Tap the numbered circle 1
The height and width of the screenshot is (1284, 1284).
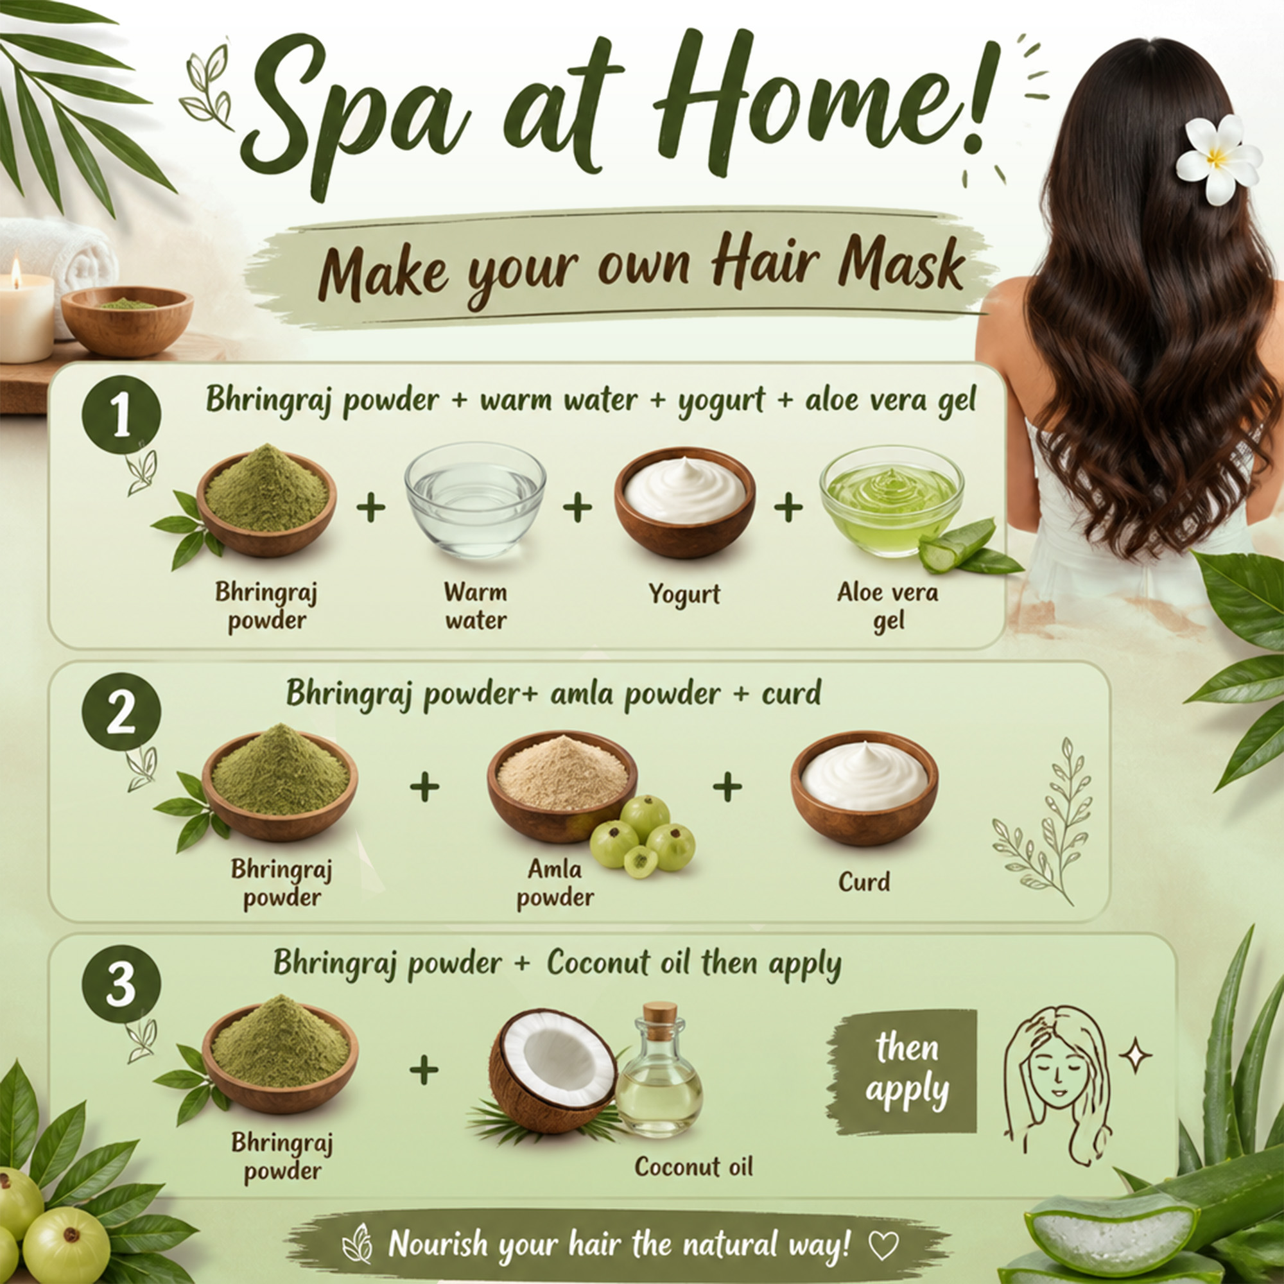click(121, 415)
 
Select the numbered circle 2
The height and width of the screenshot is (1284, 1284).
click(121, 712)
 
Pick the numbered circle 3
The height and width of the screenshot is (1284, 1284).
click(121, 984)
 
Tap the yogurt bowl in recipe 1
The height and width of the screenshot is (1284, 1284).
click(684, 502)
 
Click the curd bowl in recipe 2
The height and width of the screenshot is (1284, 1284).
click(864, 788)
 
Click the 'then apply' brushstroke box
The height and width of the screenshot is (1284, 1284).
click(902, 1071)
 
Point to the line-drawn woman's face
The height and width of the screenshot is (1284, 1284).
click(1055, 1077)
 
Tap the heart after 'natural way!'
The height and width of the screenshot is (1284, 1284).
click(883, 1245)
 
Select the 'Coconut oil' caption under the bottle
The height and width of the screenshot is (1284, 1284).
click(694, 1167)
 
